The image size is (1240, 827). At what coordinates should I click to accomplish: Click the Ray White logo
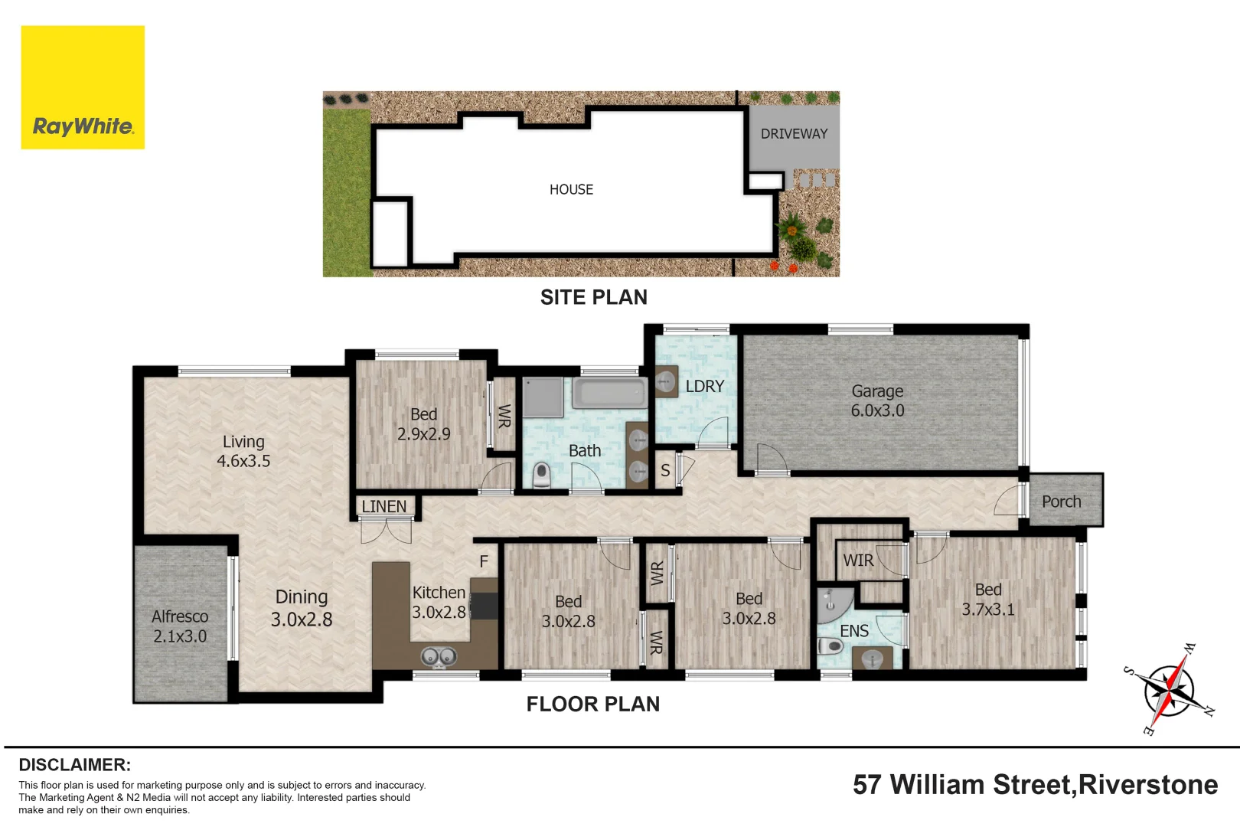click(x=83, y=87)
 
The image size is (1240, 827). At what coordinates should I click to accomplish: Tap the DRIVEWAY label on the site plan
click(x=794, y=134)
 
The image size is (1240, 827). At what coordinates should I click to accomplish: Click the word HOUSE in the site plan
click(x=571, y=189)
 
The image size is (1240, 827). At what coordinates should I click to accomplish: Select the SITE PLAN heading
click(x=593, y=297)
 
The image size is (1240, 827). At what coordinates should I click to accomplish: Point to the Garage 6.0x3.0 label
click(x=877, y=400)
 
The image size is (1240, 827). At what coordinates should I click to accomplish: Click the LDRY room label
click(x=705, y=387)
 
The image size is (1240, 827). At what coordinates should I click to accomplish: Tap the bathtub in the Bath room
click(x=609, y=393)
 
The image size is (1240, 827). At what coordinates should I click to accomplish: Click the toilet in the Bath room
click(x=541, y=476)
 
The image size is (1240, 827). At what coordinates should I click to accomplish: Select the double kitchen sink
click(x=439, y=658)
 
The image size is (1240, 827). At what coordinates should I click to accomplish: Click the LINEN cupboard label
click(x=384, y=506)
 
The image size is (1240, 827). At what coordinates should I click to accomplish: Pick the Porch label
click(x=1061, y=502)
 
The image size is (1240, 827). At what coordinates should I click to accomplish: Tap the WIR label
click(x=858, y=561)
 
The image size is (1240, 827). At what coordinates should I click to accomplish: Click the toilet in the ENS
click(x=830, y=646)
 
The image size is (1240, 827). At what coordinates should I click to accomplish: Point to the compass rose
click(x=1169, y=690)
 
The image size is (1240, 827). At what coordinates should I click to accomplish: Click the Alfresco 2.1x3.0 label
click(x=180, y=626)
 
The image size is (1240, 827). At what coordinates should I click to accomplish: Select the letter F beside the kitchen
click(x=484, y=562)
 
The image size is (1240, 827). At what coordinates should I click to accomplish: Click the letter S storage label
click(x=665, y=471)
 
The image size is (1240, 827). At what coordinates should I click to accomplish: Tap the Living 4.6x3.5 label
click(x=243, y=451)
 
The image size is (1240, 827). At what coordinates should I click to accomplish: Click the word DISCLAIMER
click(x=75, y=765)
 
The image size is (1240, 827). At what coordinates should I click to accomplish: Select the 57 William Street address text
click(x=1035, y=784)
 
